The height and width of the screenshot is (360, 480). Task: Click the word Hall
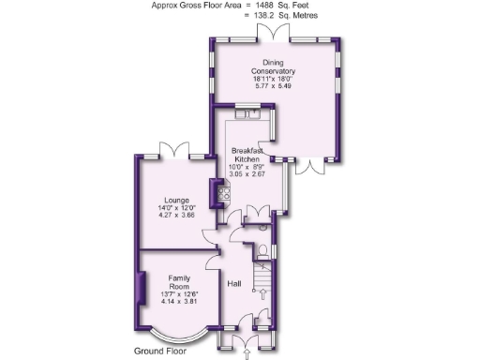coord(236,284)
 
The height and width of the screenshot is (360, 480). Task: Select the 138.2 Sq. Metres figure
coord(281,16)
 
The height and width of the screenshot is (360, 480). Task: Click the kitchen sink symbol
coord(249,115)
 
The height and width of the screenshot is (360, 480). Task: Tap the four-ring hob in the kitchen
coord(225,195)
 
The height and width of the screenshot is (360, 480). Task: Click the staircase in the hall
coord(263,281)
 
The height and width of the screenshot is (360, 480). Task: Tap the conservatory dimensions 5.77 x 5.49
coord(273,87)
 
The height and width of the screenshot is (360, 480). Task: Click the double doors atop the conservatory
coord(272,37)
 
